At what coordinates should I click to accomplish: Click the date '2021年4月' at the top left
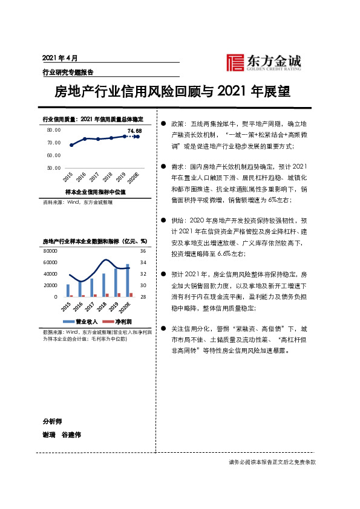pyautogui.click(x=61, y=58)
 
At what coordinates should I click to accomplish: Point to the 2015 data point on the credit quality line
pyautogui.click(x=71, y=145)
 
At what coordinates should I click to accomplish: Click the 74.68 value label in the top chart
pyautogui.click(x=134, y=131)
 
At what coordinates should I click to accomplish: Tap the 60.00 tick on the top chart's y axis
pyautogui.click(x=53, y=155)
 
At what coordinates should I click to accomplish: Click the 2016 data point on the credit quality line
pyautogui.click(x=85, y=139)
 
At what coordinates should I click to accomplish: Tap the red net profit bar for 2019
pyautogui.click(x=119, y=295)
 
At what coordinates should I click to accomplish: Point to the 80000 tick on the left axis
pyautogui.click(x=50, y=251)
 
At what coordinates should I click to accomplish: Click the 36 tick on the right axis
pyautogui.click(x=143, y=251)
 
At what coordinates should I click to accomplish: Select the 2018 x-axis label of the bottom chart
pyautogui.click(x=104, y=306)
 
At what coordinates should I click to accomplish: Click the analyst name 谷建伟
pyautogui.click(x=71, y=435)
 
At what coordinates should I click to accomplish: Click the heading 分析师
pyautogui.click(x=52, y=421)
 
